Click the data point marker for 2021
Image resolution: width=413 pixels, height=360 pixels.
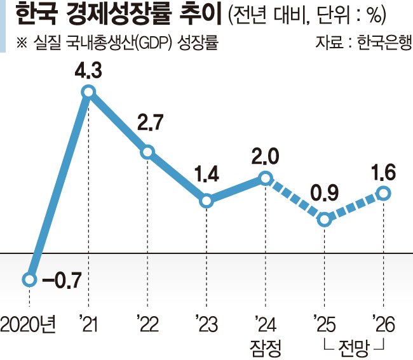point(88,92)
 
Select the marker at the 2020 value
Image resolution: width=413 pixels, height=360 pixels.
point(29,279)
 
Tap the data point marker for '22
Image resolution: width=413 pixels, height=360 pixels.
point(147,152)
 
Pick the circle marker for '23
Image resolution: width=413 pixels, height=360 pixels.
point(207,201)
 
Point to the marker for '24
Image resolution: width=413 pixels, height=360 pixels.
point(266,177)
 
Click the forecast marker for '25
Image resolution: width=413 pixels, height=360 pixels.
point(324,220)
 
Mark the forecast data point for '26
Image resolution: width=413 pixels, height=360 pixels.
point(383,192)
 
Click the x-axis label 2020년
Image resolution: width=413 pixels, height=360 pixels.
point(29,325)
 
